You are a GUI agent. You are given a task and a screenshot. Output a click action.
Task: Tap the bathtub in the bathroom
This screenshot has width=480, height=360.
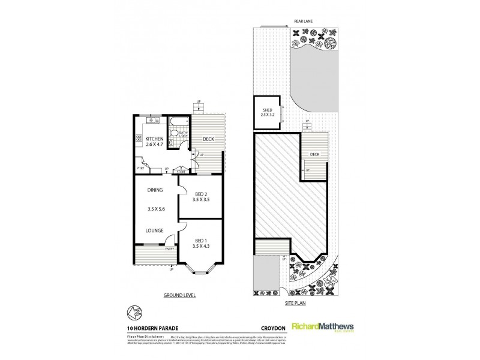pyautogui.click(x=178, y=122)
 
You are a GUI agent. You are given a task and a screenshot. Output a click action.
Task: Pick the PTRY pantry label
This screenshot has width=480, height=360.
pyautogui.click(x=139, y=169)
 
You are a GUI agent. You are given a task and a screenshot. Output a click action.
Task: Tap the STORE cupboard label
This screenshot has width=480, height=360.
pyautogui.click(x=181, y=172)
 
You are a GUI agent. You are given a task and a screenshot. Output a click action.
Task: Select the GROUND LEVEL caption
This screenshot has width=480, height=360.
pyautogui.click(x=179, y=296)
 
